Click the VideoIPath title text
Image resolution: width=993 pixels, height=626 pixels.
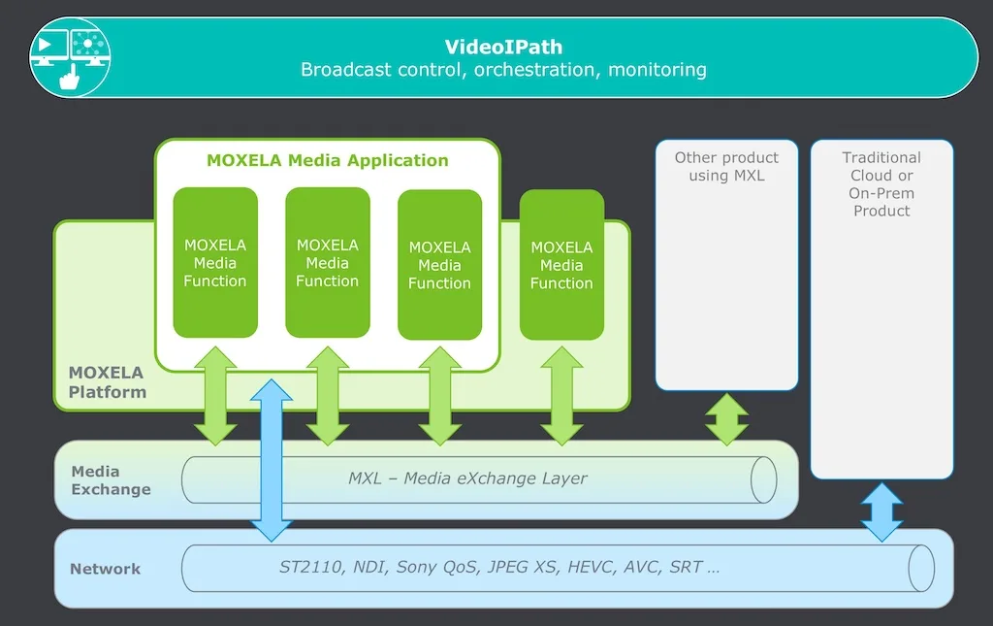pyautogui.click(x=503, y=47)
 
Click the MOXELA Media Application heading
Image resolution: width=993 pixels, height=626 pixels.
pyautogui.click(x=328, y=160)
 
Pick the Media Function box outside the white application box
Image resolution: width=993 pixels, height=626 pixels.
pyautogui.click(x=561, y=265)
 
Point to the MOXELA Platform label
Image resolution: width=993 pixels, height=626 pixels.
pyautogui.click(x=107, y=382)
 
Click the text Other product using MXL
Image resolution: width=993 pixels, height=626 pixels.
pyautogui.click(x=726, y=166)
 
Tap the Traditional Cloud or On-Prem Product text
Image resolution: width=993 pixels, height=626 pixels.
pyautogui.click(x=881, y=183)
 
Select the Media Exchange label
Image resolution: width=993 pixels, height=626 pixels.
pyautogui.click(x=111, y=479)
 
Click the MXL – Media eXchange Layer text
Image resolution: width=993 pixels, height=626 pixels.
pyautogui.click(x=467, y=478)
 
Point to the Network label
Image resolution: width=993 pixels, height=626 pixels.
pyautogui.click(x=105, y=569)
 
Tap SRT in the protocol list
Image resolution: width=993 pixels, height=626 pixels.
pyautogui.click(x=686, y=567)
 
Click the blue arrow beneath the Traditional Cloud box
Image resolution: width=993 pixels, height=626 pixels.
pyautogui.click(x=881, y=511)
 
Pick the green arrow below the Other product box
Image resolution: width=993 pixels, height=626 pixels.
pyautogui.click(x=726, y=418)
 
